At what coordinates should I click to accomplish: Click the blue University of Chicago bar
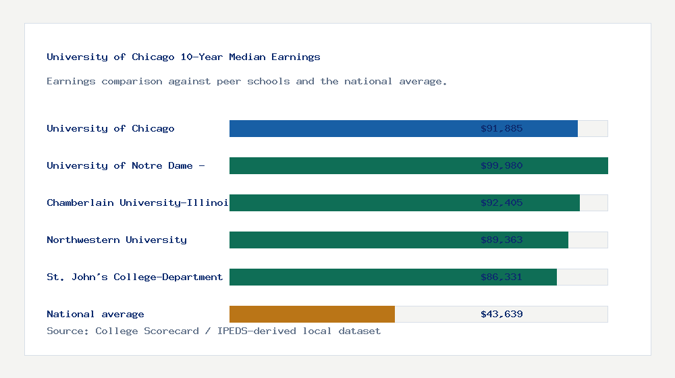coord(351,128)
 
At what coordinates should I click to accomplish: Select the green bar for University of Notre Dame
coord(351,165)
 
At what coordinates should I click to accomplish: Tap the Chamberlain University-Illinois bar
coord(351,202)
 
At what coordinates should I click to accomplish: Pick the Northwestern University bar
coord(351,240)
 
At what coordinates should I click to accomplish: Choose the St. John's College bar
coord(351,277)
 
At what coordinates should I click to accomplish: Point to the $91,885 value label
coord(502,128)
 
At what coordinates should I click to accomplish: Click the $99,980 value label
coord(502,165)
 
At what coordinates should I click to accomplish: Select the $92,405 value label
coord(502,202)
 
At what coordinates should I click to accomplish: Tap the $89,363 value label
coord(502,240)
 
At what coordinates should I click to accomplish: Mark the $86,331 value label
coord(502,277)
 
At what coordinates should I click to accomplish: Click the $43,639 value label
coord(502,314)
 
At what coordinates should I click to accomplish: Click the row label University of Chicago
coord(110,128)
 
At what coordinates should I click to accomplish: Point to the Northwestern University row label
coord(116,240)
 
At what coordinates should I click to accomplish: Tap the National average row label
coord(95,314)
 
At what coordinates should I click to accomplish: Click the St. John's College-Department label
coord(134,277)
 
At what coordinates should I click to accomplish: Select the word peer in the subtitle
coord(229,81)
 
